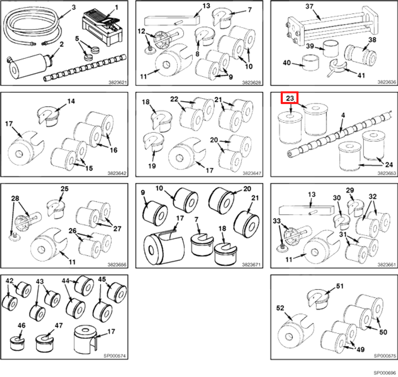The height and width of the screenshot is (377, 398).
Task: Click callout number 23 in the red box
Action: pos(290,97)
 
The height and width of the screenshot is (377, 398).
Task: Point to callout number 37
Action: pos(309,6)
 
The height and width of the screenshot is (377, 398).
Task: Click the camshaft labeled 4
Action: pos(335,133)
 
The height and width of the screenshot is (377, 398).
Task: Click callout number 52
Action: pos(280,309)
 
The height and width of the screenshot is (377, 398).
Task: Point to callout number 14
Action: pos(71,101)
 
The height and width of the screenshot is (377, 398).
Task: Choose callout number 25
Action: pos(64,189)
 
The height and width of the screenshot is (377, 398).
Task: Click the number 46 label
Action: pos(21,325)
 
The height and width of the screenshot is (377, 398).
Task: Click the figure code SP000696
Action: pos(384,373)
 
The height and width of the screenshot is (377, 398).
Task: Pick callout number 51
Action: pos(340,285)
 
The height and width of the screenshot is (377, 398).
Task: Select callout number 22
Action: pos(174,99)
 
